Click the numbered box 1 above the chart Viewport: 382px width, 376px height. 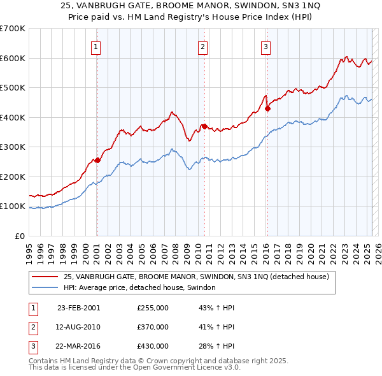coord(95,46)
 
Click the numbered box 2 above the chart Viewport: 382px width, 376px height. coord(202,46)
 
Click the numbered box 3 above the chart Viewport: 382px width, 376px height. coord(265,46)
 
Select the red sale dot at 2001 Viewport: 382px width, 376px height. coord(97,161)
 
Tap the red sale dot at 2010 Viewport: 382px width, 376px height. coord(204,126)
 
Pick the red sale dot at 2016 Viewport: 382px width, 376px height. coord(267,108)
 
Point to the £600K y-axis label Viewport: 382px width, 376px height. coord(13,58)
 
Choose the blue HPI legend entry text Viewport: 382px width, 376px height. coord(139,287)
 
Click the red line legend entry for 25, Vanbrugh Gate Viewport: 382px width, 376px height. coord(195,277)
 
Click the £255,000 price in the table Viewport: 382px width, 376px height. coord(153,308)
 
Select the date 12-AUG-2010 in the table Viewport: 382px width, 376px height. coord(79,328)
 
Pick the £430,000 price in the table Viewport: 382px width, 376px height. coord(153,347)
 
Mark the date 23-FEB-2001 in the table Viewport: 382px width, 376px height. coord(79,308)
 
